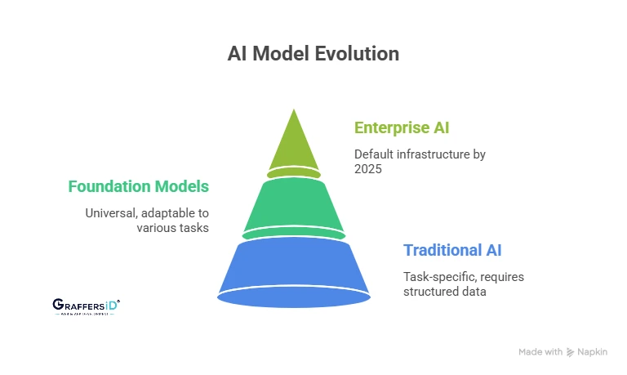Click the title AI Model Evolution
tap(313, 54)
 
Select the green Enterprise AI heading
tap(402, 127)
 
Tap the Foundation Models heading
tap(138, 186)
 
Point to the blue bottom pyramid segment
tap(294, 270)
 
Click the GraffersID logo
tap(86, 306)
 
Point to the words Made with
tap(540, 352)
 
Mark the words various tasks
tap(171, 228)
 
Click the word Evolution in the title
tap(358, 54)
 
